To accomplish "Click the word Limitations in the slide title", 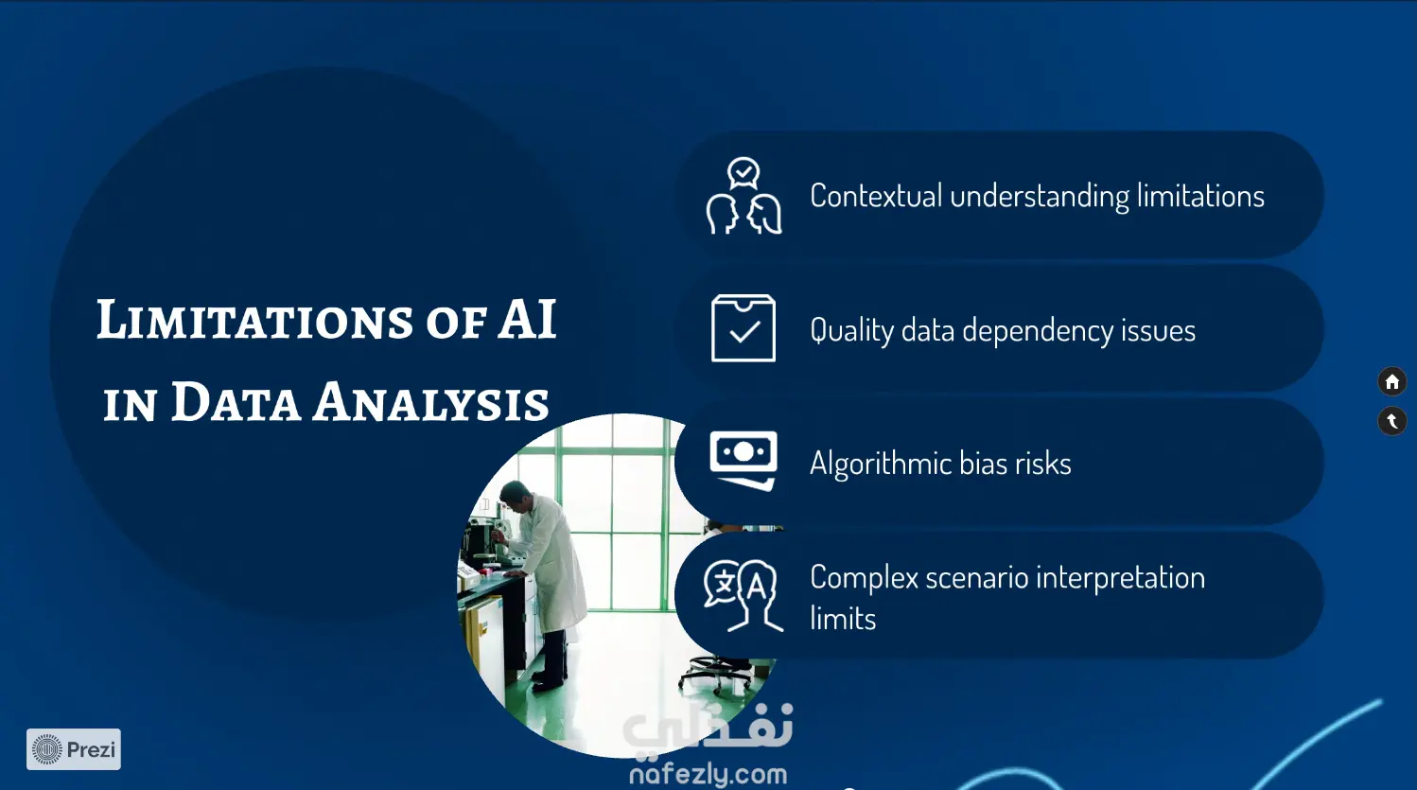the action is click(255, 320).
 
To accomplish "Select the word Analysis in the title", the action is click(430, 402).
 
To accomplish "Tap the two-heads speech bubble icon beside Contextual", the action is click(743, 196).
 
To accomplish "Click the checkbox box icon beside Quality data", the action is click(743, 328).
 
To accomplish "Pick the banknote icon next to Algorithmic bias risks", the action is click(743, 461).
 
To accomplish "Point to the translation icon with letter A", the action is click(743, 596).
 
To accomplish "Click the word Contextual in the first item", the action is click(876, 196).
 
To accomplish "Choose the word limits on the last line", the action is click(843, 619).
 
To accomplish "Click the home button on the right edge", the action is click(1392, 382).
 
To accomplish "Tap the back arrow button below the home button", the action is click(1392, 421).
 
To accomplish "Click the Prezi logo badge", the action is click(74, 749).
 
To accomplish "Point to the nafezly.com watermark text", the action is click(708, 775).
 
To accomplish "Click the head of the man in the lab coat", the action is click(516, 494).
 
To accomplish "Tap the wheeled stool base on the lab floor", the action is click(715, 675).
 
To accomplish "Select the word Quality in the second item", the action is click(851, 331).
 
